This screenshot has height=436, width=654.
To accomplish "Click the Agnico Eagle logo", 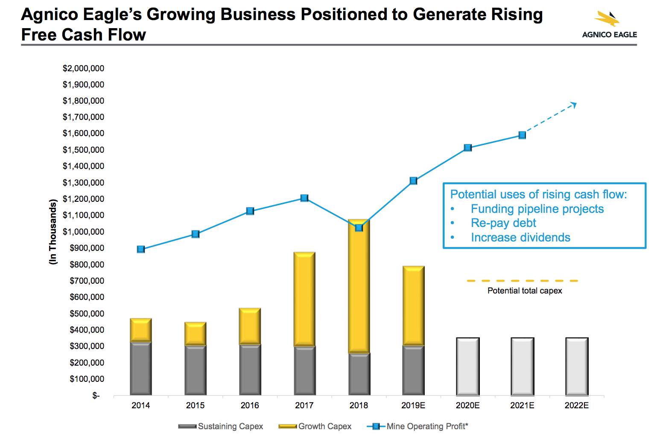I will click(609, 25).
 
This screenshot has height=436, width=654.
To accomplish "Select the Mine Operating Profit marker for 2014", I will click(141, 249).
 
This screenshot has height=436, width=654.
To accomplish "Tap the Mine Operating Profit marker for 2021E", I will click(522, 135).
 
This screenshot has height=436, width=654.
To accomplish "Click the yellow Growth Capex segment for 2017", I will click(304, 299).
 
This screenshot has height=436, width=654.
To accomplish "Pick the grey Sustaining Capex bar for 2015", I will click(196, 369).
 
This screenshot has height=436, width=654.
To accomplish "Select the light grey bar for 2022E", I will click(577, 366).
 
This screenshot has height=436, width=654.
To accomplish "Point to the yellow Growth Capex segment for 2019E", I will click(413, 305).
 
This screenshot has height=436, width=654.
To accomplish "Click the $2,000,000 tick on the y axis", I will click(83, 68).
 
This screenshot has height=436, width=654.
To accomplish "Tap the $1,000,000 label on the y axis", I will click(83, 232).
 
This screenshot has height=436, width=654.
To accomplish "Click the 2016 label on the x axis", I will click(250, 405).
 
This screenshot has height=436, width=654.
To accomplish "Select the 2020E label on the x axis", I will click(467, 405).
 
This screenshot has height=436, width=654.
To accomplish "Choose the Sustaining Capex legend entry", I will click(221, 426).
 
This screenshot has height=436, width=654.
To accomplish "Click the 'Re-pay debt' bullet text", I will click(503, 223).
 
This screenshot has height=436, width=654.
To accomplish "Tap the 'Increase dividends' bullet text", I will click(520, 238).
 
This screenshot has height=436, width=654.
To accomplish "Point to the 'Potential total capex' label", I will click(525, 291).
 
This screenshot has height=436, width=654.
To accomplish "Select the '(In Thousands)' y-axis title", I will click(53, 232).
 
